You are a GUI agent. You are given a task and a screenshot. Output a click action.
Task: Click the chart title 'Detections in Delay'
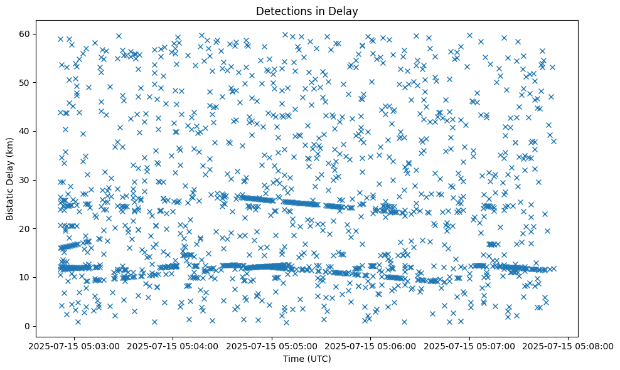tap(307, 11)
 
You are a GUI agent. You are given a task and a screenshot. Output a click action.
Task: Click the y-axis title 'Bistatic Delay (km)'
tap(10, 179)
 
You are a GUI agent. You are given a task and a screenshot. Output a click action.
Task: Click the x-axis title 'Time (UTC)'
tap(307, 359)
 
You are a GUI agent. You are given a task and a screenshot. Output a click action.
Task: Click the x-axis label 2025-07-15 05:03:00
tap(74, 346)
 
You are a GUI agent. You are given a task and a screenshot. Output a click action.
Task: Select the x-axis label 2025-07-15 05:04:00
tap(173, 346)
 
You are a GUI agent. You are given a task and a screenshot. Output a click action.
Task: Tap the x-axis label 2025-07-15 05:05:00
tap(272, 346)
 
